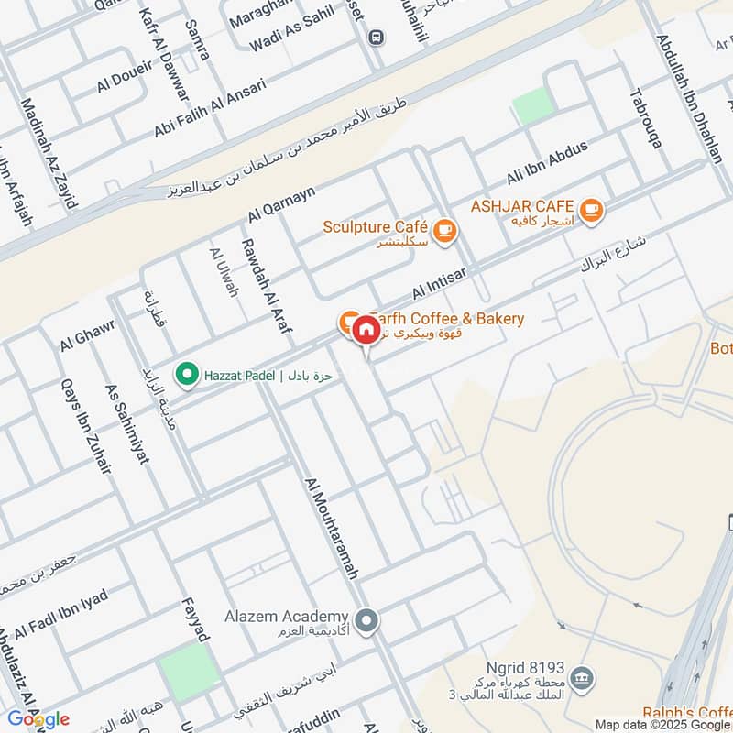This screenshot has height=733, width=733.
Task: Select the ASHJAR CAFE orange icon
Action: pos(592,210)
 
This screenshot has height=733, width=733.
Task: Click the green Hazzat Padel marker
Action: pos(187,375)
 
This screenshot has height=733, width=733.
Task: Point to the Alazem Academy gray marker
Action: pos(367,622)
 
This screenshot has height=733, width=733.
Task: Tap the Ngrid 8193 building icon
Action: pos(580,678)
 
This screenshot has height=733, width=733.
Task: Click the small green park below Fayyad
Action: pos(188,672)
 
